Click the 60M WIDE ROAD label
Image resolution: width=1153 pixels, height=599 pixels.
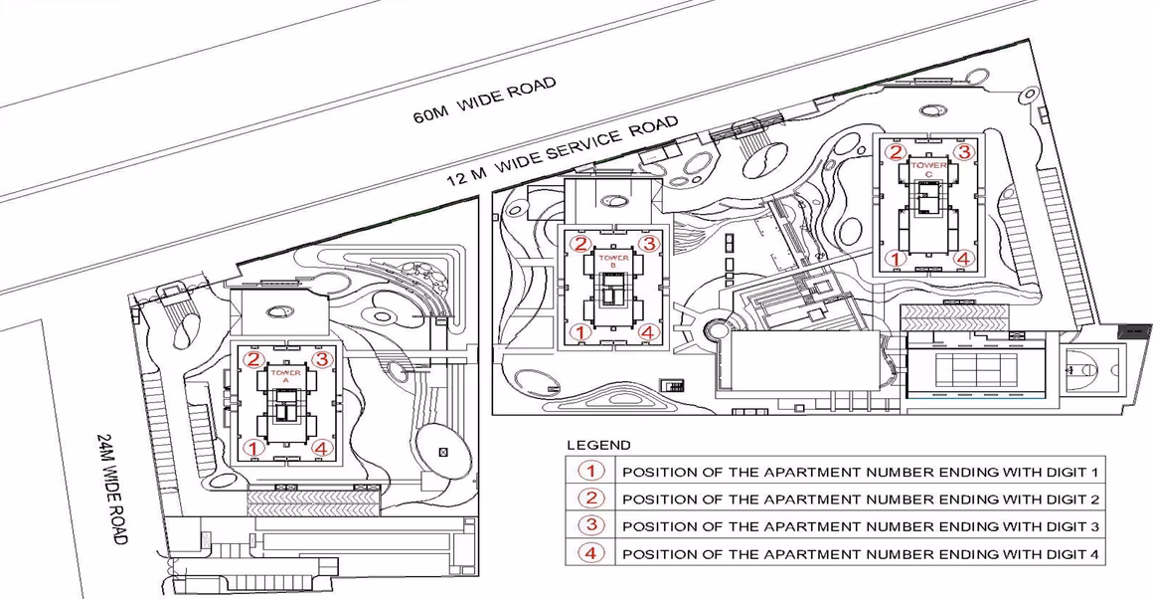click(484, 100)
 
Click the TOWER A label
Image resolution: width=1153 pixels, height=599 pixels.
click(285, 376)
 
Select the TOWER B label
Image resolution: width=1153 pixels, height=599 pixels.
click(613, 262)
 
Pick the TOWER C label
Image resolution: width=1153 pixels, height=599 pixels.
click(928, 168)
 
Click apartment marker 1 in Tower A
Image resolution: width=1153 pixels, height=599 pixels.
click(253, 448)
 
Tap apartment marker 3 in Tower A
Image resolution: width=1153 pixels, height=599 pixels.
click(321, 360)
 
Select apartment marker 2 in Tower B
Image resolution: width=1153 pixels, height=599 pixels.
click(580, 245)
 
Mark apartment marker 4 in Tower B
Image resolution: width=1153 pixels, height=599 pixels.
click(647, 332)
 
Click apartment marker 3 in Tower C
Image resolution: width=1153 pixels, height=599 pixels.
click(964, 152)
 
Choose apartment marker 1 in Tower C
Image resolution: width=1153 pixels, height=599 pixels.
click(895, 259)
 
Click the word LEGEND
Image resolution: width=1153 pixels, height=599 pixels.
click(598, 445)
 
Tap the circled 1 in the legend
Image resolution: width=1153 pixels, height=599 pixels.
click(590, 471)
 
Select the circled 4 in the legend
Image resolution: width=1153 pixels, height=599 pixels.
click(590, 552)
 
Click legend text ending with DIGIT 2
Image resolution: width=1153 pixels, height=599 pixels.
click(861, 499)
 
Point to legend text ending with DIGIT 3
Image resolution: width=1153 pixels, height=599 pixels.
click(861, 526)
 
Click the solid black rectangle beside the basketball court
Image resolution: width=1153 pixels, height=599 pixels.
click(1135, 331)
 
